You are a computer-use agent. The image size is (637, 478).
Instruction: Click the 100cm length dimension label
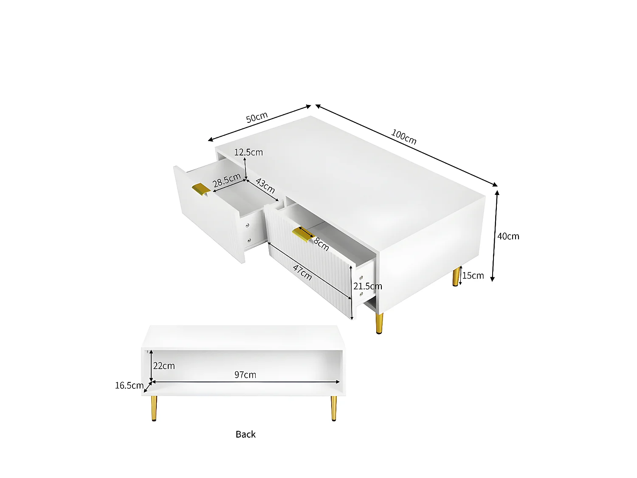point(403,137)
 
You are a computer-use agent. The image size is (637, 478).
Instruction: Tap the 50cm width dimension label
point(257,117)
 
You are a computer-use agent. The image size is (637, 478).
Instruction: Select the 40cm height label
point(508,236)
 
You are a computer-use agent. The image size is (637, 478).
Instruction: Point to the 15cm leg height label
point(473,276)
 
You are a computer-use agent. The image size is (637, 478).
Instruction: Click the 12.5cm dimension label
point(248,152)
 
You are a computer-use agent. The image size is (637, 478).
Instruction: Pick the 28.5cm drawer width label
point(227,180)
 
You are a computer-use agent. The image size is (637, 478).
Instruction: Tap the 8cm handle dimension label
point(321,244)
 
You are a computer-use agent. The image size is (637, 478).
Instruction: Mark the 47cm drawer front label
point(302,272)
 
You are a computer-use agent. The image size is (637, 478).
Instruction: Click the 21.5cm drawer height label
point(368,286)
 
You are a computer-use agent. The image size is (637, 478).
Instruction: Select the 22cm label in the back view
point(164,366)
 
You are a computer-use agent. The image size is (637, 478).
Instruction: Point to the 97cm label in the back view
point(245,375)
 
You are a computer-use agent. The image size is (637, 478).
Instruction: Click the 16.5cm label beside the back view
point(129,385)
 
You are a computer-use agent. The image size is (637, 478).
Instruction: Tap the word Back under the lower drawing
point(245,434)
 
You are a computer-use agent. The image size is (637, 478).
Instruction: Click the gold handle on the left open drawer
point(201,189)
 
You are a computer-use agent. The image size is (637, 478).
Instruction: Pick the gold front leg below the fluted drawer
point(379,323)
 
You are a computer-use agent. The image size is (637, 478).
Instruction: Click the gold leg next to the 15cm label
point(457,277)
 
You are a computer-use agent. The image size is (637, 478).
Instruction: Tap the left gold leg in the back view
point(154,408)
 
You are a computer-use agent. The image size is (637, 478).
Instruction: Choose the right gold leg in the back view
point(334,408)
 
